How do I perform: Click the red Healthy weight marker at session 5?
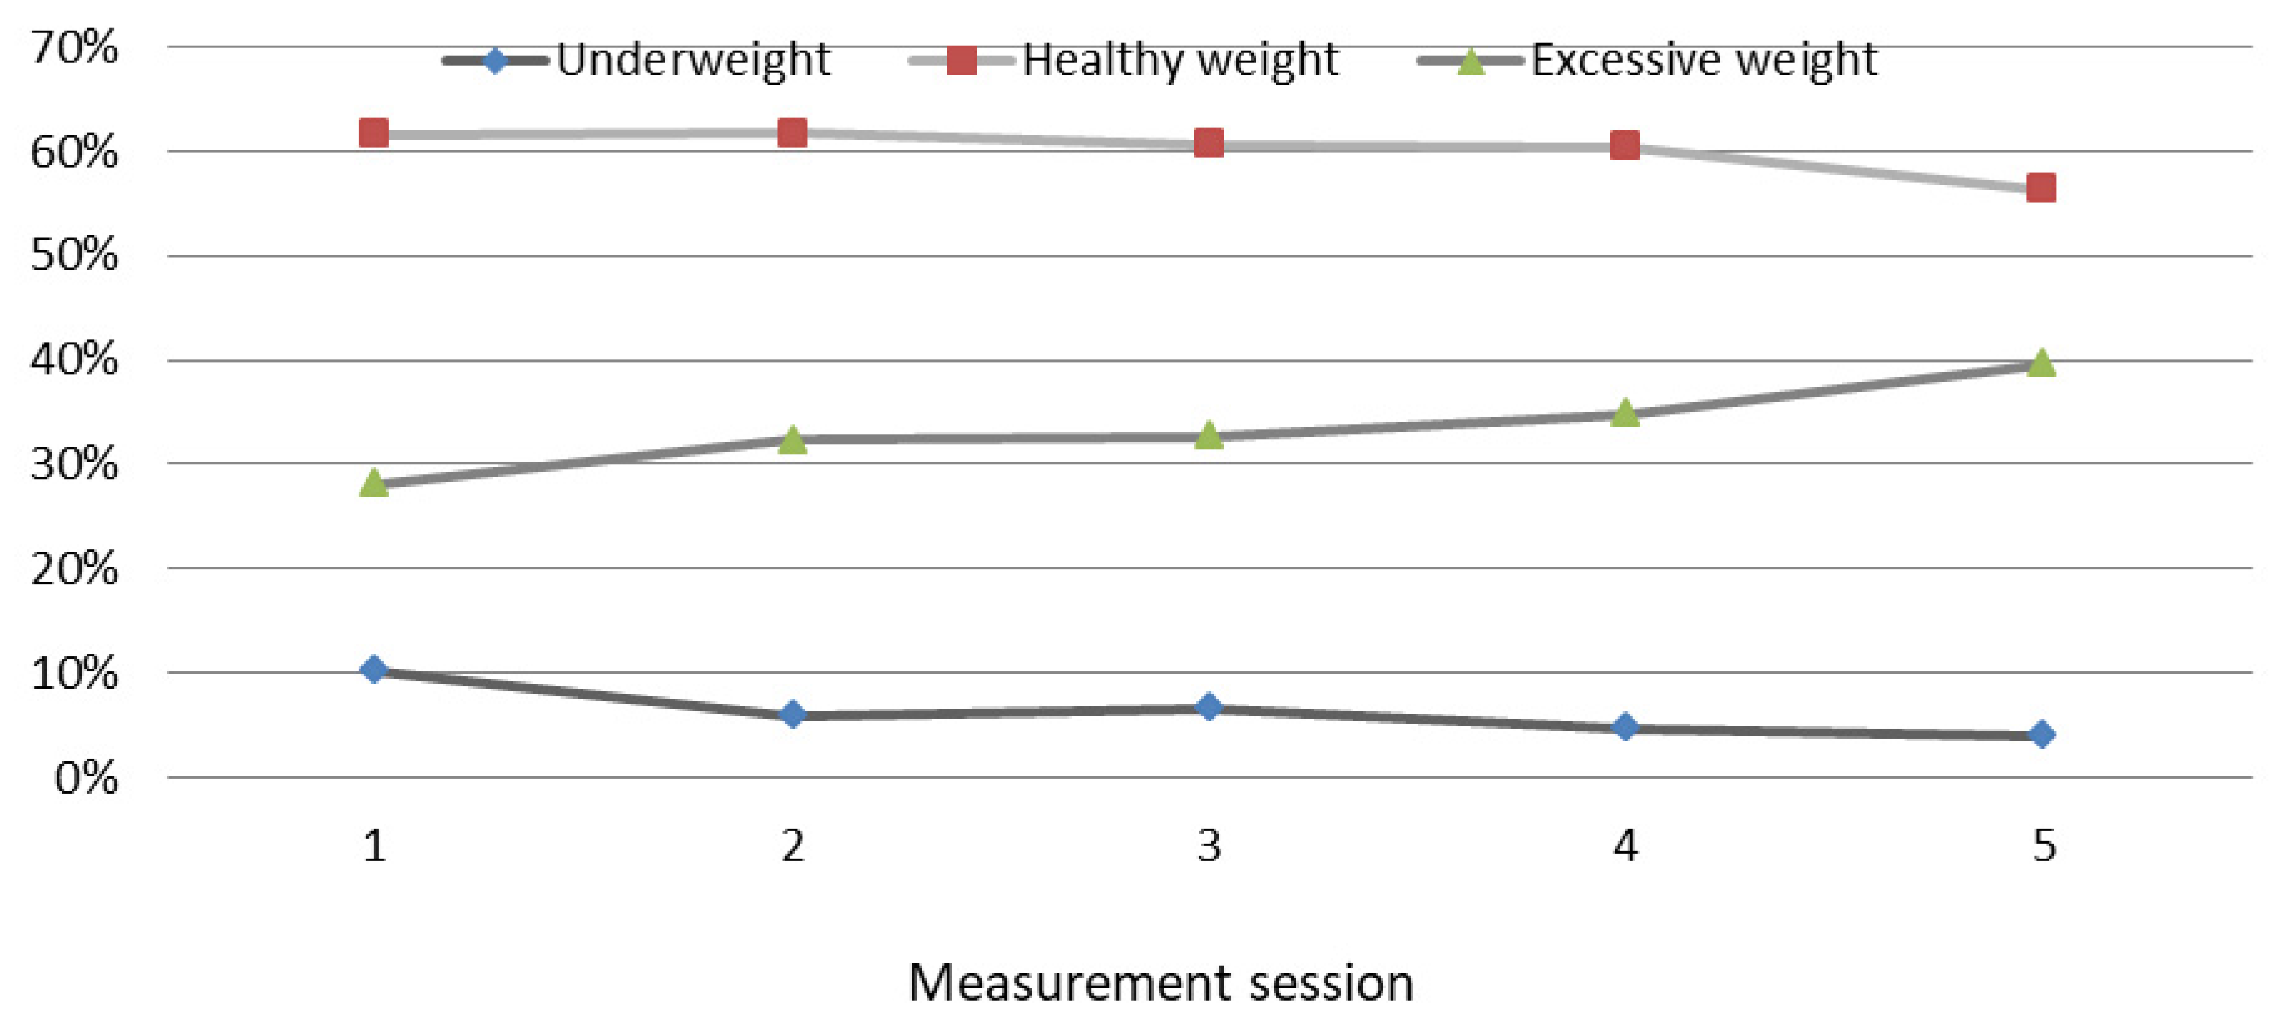pos(2041,188)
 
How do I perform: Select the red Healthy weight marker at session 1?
pos(373,134)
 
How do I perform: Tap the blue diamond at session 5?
pos(2042,734)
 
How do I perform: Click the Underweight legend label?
pos(693,61)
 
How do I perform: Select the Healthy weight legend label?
pos(1180,61)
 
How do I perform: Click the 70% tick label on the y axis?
pos(74,47)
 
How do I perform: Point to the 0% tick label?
pos(85,779)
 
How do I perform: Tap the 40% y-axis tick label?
pos(74,360)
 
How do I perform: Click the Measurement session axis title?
pos(1161,984)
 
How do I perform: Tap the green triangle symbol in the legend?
pos(1471,62)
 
